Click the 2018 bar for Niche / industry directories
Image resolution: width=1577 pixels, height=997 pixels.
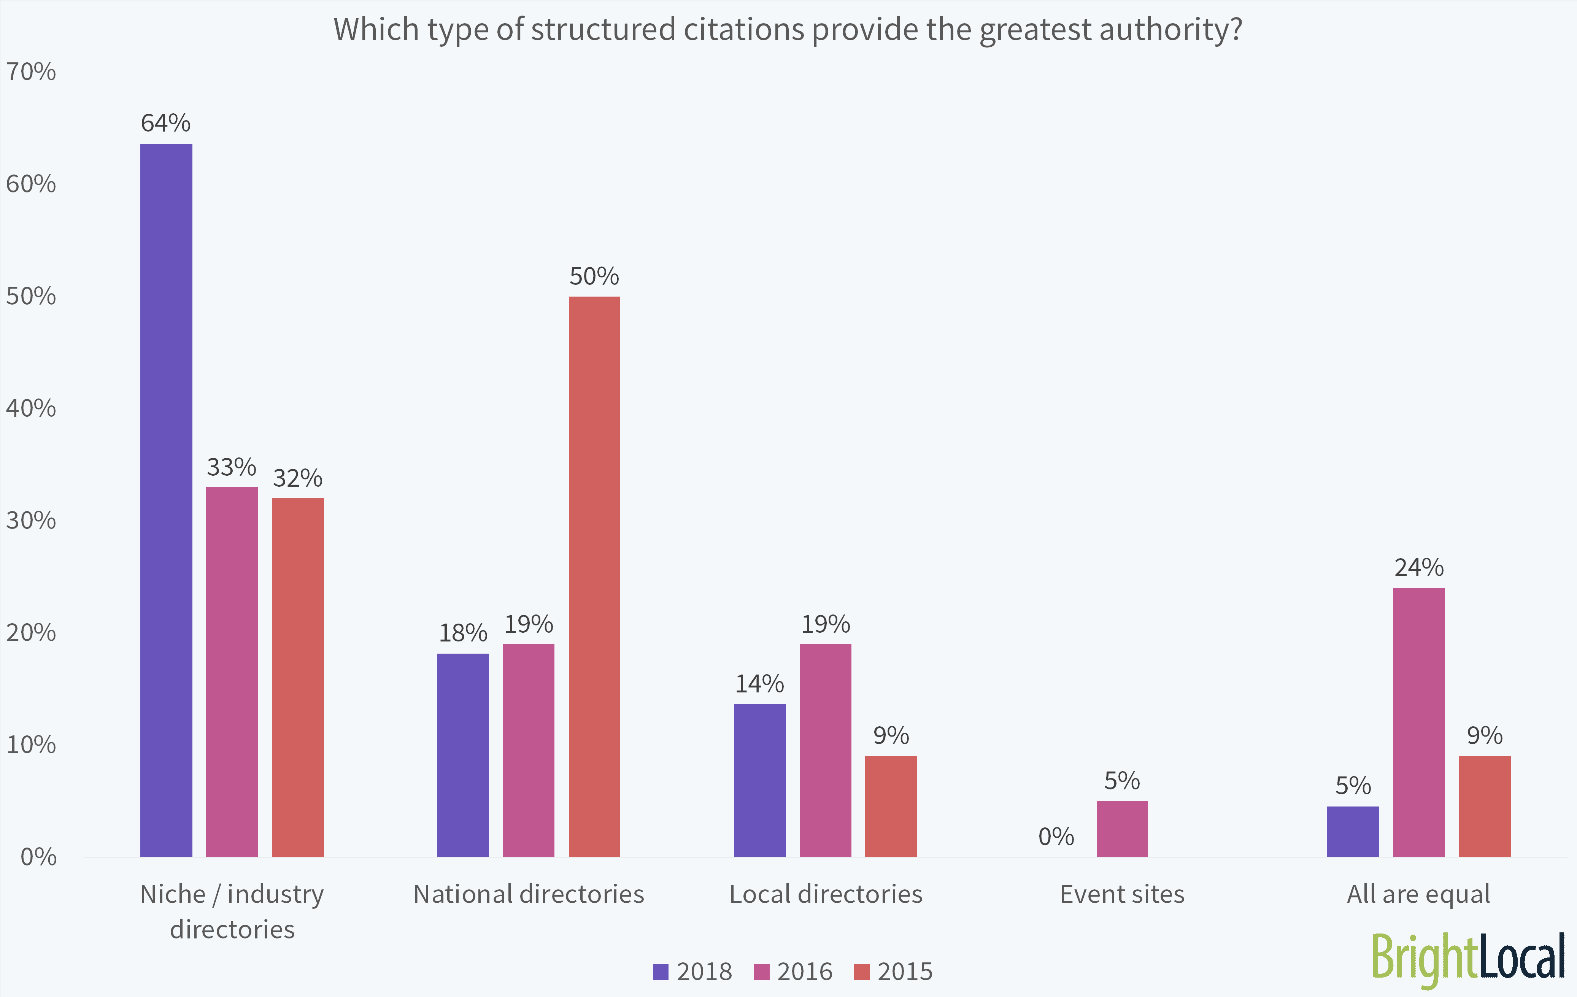166,500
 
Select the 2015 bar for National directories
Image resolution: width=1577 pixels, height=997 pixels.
594,576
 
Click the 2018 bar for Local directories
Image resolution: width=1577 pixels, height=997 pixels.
760,780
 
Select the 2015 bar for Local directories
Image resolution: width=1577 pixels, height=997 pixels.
891,806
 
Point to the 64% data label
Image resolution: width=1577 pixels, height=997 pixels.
166,123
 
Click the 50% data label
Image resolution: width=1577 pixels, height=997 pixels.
594,276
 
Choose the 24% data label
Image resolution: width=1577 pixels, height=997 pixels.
1418,567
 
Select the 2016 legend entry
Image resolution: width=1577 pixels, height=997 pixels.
793,972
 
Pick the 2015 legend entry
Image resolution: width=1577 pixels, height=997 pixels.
893,972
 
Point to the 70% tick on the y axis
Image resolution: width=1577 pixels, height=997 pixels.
31,71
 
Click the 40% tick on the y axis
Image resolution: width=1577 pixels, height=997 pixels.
31,408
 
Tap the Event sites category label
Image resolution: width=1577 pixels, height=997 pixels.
1122,894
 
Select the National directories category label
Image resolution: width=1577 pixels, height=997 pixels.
529,894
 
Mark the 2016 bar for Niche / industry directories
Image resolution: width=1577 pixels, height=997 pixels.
232,672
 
